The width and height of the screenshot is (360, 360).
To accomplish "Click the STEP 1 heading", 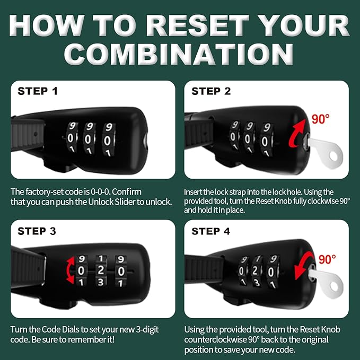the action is (38, 91).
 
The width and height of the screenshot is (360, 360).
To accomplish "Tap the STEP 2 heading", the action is (211, 91).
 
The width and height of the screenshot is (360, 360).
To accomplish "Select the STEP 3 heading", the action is (37, 231).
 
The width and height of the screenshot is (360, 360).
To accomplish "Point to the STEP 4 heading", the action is (211, 231).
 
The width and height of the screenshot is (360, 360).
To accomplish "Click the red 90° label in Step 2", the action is (321, 119).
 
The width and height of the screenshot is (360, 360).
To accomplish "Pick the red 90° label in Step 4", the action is (327, 259).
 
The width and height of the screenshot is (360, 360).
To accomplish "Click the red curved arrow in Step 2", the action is (295, 134).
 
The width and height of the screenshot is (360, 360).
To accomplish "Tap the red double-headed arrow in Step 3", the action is (69, 270).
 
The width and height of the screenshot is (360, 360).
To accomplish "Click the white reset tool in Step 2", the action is (326, 152).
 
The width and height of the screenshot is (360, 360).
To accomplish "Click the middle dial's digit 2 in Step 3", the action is (101, 270).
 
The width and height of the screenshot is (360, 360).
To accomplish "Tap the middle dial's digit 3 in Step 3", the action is (101, 282).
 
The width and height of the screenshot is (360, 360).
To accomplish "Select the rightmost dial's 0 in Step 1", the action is (107, 141).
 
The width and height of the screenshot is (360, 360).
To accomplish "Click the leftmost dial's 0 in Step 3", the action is (81, 271).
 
